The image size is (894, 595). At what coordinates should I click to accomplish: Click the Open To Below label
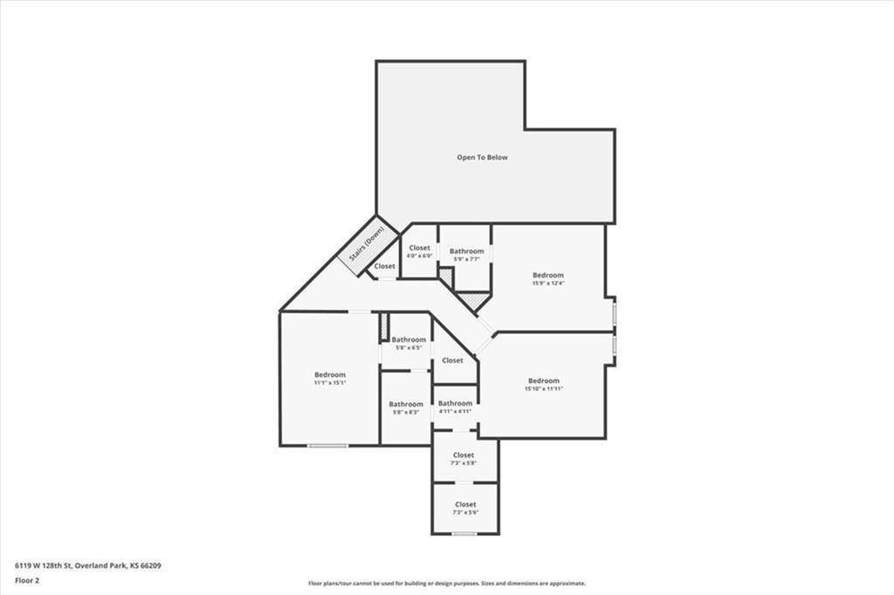pyautogui.click(x=482, y=158)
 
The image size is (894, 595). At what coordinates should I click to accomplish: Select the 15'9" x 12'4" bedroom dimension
pyautogui.click(x=548, y=283)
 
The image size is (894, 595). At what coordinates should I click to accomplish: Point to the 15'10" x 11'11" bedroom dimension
pyautogui.click(x=543, y=389)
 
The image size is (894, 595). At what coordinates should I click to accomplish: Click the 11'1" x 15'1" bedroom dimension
pyautogui.click(x=330, y=383)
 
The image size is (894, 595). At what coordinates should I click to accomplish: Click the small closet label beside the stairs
pyautogui.click(x=384, y=266)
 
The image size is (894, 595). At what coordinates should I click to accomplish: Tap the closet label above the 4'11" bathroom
pyautogui.click(x=452, y=360)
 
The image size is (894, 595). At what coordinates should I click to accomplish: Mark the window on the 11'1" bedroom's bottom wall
pyautogui.click(x=328, y=446)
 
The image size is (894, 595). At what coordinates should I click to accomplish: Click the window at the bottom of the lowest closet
pyautogui.click(x=464, y=534)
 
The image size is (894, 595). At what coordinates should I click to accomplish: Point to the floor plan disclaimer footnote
pyautogui.click(x=446, y=584)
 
